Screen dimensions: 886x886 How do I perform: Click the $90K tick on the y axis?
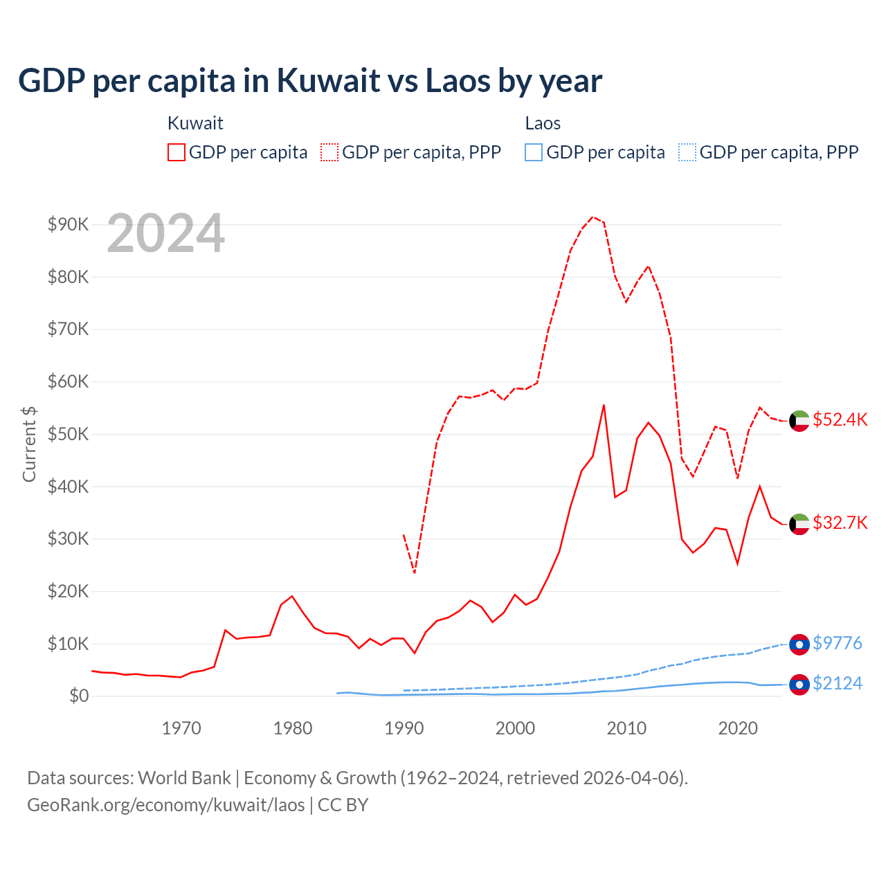pyautogui.click(x=68, y=224)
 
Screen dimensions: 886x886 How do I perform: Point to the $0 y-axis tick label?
pyautogui.click(x=78, y=696)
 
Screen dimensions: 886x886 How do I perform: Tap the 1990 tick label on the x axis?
pyautogui.click(x=404, y=728)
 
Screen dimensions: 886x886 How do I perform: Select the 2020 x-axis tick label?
pyautogui.click(x=738, y=728)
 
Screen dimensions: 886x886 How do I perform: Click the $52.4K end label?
pyautogui.click(x=840, y=419)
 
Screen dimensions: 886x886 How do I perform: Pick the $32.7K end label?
pyautogui.click(x=840, y=523)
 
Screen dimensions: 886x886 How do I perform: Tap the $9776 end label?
pyautogui.click(x=837, y=643)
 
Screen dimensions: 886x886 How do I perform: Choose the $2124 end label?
pyautogui.click(x=837, y=683)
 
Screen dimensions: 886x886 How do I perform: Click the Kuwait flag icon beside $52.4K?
pyautogui.click(x=799, y=421)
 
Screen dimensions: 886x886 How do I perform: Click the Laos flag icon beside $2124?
pyautogui.click(x=799, y=685)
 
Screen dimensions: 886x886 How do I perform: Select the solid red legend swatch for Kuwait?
pyautogui.click(x=177, y=152)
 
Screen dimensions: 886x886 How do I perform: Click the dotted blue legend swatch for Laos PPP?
pyautogui.click(x=687, y=152)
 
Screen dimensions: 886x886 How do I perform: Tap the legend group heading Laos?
pyautogui.click(x=543, y=123)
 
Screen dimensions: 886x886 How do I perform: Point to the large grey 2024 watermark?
pyautogui.click(x=166, y=233)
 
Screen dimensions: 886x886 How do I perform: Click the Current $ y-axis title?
pyautogui.click(x=29, y=444)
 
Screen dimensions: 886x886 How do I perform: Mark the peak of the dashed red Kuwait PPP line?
pyautogui.click(x=593, y=217)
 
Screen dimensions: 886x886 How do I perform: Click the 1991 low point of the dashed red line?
pyautogui.click(x=415, y=572)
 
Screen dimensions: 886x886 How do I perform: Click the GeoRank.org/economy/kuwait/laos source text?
pyautogui.click(x=166, y=805)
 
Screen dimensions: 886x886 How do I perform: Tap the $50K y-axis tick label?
pyautogui.click(x=68, y=434)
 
